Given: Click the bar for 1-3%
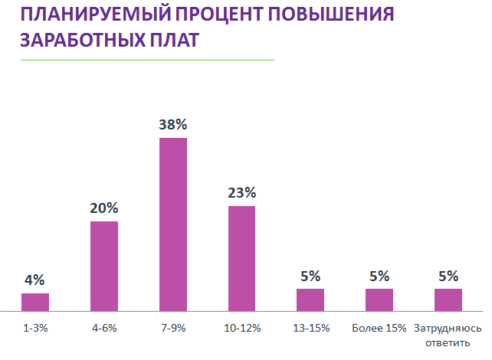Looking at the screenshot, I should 35,303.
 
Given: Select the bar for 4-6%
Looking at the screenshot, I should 104,267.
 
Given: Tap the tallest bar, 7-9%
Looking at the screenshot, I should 173,224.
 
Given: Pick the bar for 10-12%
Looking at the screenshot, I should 241,259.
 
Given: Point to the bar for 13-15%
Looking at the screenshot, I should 310,300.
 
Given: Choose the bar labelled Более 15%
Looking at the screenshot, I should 379,300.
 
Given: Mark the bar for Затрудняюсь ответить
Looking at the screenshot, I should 448,300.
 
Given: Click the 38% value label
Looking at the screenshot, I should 173,124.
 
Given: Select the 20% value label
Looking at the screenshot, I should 104,208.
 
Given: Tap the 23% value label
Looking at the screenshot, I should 241,192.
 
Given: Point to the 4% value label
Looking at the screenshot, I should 35,280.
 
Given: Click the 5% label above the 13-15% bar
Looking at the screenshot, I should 310,276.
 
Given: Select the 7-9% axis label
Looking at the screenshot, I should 173,328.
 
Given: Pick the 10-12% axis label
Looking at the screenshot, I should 241,328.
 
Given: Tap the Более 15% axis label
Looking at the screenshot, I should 379,328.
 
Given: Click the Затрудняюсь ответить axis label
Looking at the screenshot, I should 448,334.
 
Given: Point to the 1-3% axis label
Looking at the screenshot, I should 35,328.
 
